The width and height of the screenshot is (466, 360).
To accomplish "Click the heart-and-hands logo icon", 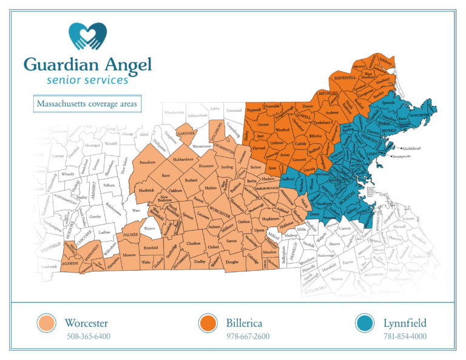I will pyautogui.click(x=87, y=36).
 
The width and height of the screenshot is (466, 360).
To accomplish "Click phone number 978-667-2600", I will pyautogui.click(x=249, y=336).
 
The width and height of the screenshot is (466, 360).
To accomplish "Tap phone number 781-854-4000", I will pyautogui.click(x=405, y=336).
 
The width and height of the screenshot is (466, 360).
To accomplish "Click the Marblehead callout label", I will pyautogui.click(x=414, y=148).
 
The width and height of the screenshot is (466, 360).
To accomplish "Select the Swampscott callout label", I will pyautogui.click(x=406, y=157).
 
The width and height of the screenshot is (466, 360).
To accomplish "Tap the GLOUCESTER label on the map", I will pyautogui.click(x=419, y=114).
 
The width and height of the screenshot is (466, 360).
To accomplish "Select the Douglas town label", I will pyautogui.click(x=232, y=262).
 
